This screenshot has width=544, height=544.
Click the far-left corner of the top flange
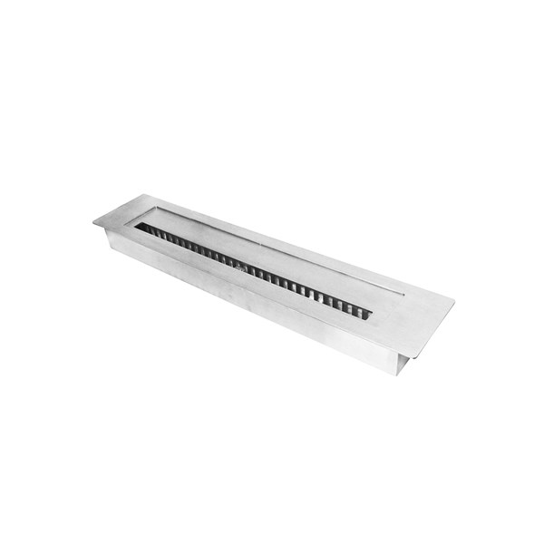coord(94,220)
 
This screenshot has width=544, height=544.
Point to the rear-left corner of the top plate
coord(146,195)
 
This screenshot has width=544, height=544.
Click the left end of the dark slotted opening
coord(138,227)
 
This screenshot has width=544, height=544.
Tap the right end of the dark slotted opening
coord(370,315)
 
